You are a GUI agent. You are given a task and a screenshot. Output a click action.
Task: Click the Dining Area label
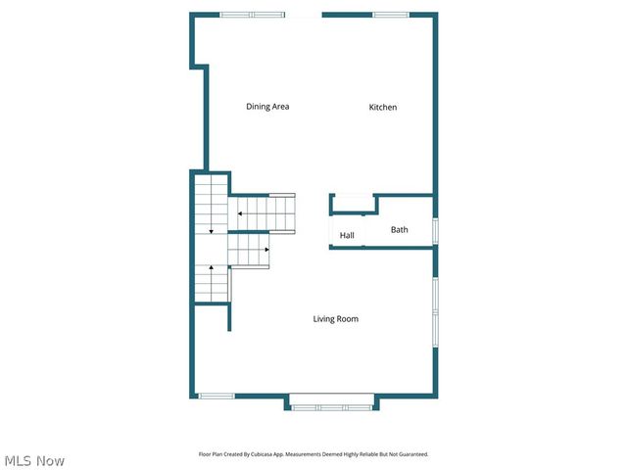[x=266, y=107]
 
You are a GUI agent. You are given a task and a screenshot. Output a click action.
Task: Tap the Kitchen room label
[x=382, y=107]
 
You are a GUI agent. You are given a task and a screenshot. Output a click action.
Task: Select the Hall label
[x=347, y=235]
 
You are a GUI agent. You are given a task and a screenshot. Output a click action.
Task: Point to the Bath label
[x=399, y=230]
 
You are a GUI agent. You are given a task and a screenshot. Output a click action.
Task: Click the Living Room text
[x=335, y=318]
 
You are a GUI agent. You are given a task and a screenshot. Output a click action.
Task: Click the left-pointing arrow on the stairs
[x=239, y=213]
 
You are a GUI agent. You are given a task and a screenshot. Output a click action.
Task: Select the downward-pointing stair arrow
[x=211, y=231]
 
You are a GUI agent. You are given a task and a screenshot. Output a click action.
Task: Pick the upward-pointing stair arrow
[x=211, y=266]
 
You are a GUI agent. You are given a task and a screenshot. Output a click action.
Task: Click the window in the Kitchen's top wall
[x=390, y=15]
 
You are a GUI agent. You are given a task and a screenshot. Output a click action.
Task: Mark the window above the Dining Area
[x=252, y=15]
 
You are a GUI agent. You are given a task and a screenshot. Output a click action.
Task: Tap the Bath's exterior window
[x=435, y=230]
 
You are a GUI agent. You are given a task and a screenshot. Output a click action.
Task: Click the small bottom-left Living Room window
[x=216, y=396]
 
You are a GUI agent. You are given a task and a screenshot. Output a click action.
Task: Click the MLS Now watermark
[x=34, y=460]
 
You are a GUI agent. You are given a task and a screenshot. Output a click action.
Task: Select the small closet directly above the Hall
[x=353, y=204]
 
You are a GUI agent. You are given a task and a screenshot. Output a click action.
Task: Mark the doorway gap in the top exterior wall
[x=304, y=15]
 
